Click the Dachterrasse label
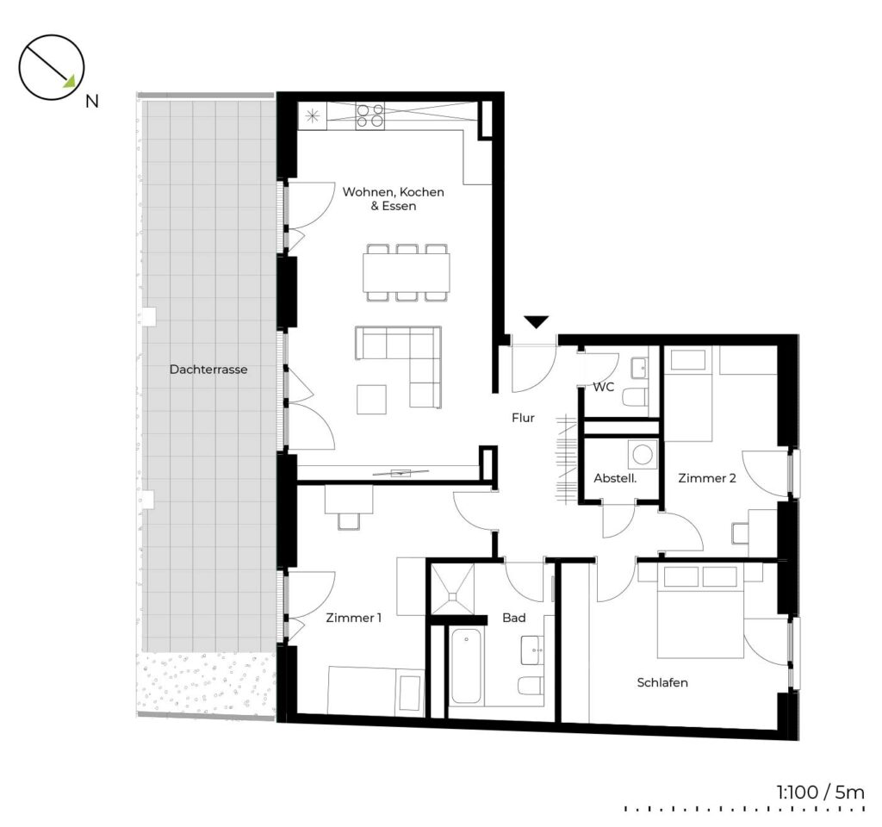point(208,370)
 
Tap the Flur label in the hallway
point(523,418)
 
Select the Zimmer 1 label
point(354,618)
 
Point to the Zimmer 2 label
point(707,478)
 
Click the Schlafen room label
point(662,682)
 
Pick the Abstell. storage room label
point(615,478)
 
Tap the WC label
point(604,387)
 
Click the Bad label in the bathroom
point(514,618)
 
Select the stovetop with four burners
point(370,116)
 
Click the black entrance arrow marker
point(537,322)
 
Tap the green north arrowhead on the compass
point(69,82)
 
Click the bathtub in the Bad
point(466,666)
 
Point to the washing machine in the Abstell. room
point(643,454)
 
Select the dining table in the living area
point(407,272)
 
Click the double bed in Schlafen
point(700,611)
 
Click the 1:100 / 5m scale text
point(820,793)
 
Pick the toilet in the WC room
point(636,396)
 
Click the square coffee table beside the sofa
point(371,400)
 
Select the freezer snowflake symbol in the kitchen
point(312,116)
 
